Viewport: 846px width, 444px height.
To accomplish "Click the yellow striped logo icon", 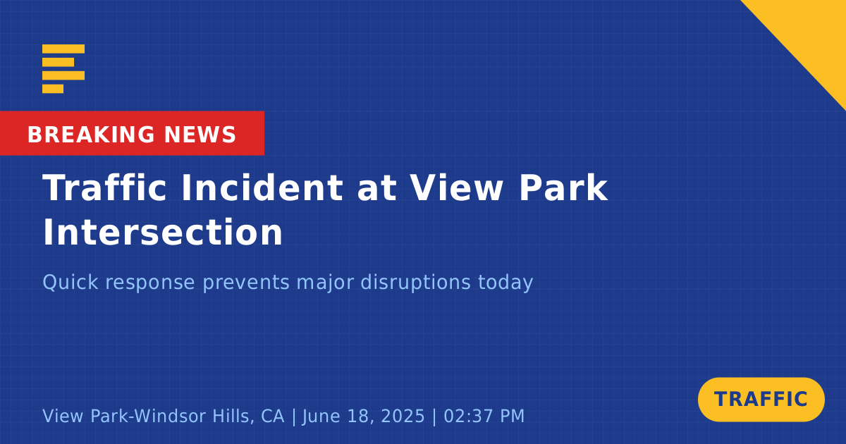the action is (63, 69).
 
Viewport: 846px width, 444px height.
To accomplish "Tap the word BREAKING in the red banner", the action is (91, 135).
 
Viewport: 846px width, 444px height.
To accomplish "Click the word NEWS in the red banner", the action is (200, 135).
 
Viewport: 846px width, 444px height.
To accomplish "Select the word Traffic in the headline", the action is (104, 187).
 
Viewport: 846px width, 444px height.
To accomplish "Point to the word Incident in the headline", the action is (262, 187).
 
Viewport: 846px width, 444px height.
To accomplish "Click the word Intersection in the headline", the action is (163, 232).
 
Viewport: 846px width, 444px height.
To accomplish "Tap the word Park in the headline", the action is (563, 187).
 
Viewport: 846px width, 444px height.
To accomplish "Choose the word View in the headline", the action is (457, 187).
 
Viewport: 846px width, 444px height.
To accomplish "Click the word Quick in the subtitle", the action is (70, 283).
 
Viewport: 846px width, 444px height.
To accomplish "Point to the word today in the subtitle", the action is (505, 283).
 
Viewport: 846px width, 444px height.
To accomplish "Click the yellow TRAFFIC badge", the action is (761, 400).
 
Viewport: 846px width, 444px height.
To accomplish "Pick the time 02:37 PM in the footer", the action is (484, 416).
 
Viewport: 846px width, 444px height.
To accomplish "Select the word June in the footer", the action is (319, 416).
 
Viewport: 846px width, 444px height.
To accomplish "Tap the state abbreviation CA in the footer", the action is (273, 416).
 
